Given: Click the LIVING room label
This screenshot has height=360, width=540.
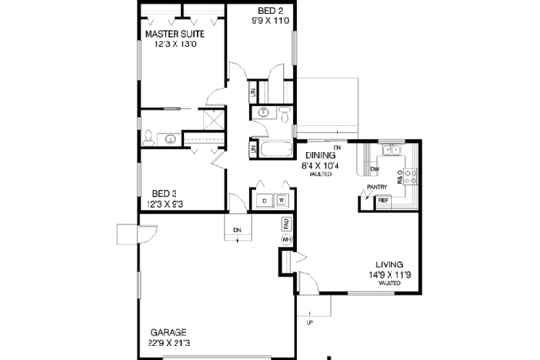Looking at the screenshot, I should [391, 264].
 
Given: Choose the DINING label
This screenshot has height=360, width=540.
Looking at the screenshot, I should [320, 154].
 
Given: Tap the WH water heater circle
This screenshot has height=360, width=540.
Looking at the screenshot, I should [286, 238].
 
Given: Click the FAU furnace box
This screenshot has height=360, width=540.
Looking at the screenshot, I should [286, 223].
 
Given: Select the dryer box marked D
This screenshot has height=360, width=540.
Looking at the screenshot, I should [264, 201].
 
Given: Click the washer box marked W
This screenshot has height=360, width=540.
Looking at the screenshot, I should [282, 201].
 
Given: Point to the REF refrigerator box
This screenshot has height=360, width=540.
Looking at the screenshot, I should [384, 201].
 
